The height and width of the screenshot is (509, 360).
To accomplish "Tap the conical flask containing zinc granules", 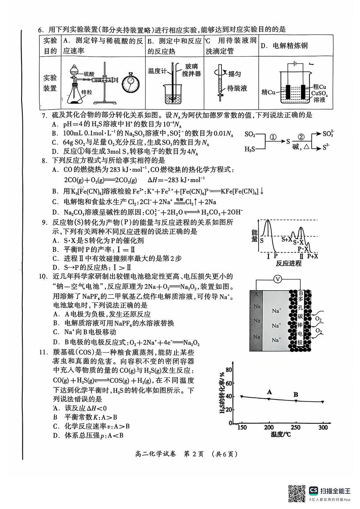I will [74, 93].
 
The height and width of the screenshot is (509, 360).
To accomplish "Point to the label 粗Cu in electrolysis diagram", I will [319, 86].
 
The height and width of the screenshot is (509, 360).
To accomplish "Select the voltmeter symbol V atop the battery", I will [278, 280].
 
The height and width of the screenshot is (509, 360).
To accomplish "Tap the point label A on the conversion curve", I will [269, 392].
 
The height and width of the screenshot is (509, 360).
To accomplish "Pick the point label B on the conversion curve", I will [296, 394].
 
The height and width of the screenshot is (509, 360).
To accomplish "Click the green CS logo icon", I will [314, 490].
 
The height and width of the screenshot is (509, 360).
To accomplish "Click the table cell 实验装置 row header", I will [50, 83].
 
